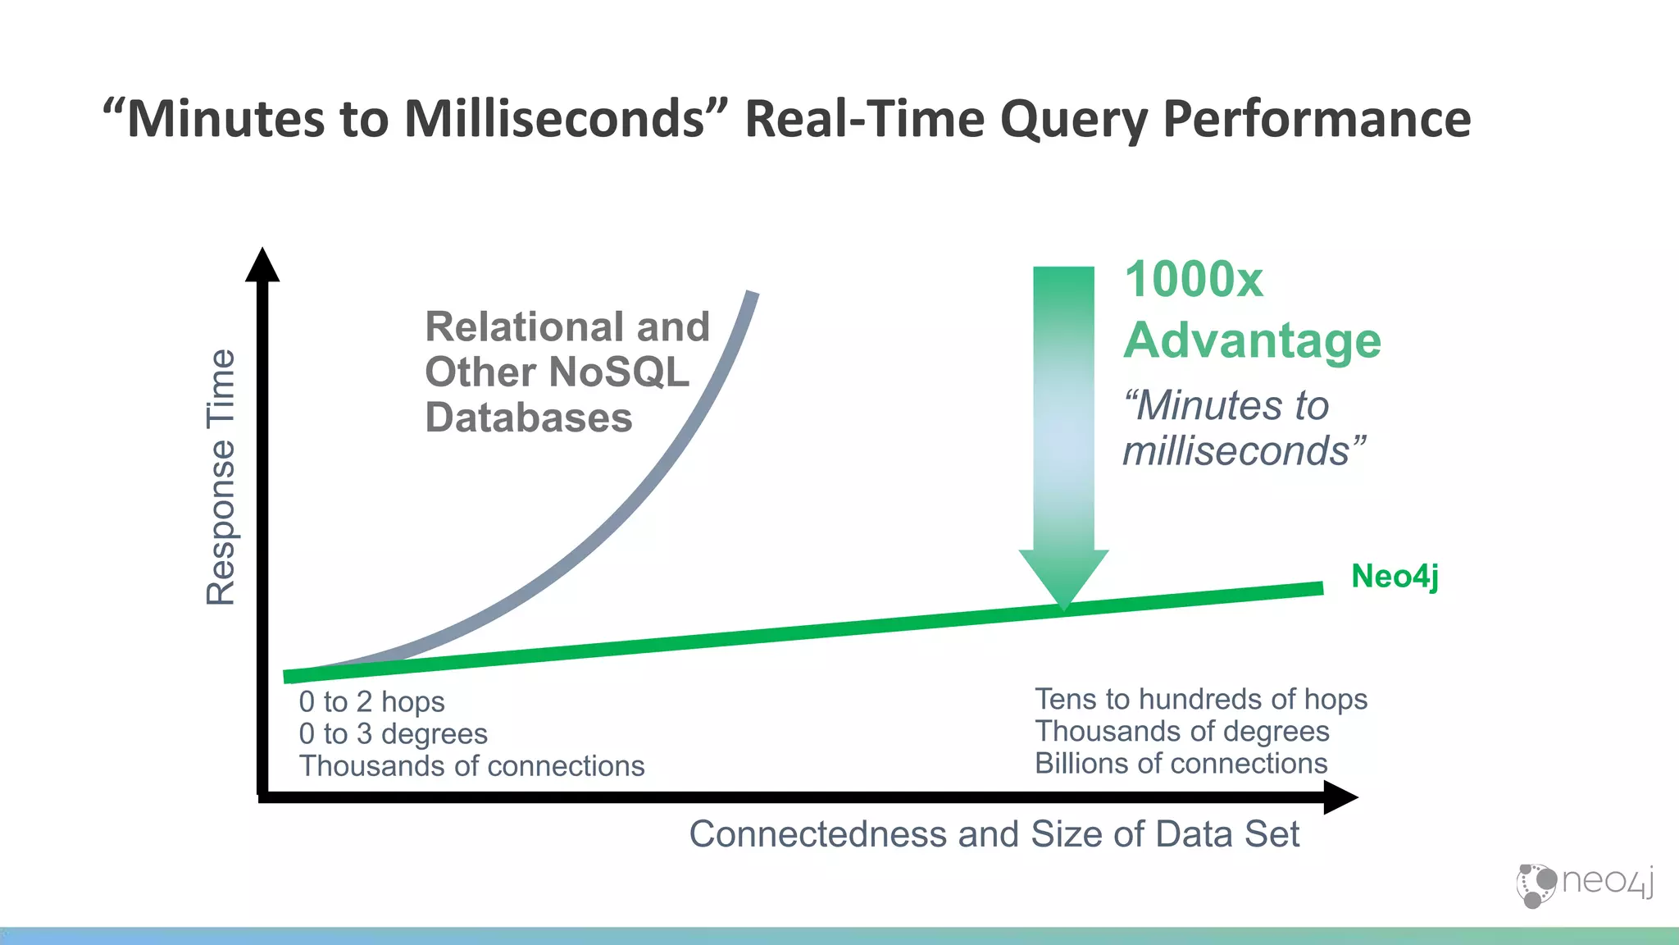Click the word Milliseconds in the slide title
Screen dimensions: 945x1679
click(554, 119)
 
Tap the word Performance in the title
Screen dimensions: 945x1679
click(1317, 119)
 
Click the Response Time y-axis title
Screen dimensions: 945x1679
click(221, 477)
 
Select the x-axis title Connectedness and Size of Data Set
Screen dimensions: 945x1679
click(994, 834)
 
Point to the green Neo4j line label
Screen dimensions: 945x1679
click(1394, 576)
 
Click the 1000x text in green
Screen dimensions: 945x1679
click(1193, 280)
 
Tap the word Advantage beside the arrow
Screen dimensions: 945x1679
click(1252, 340)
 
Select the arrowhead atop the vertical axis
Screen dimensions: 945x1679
click(262, 265)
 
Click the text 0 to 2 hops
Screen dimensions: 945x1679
click(371, 702)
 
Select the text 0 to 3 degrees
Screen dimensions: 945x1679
click(393, 733)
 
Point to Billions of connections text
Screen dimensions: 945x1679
click(1181, 764)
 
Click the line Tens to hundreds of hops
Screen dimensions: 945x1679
click(1200, 699)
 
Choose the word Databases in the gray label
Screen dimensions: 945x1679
click(529, 418)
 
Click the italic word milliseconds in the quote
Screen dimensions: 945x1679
click(1235, 451)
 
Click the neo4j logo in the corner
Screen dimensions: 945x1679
click(1584, 884)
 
